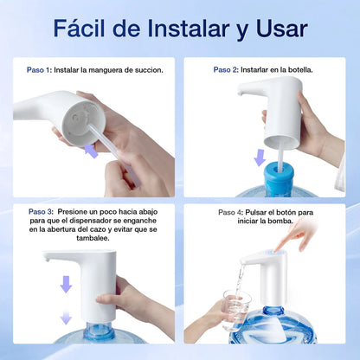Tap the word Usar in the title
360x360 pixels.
[279, 28]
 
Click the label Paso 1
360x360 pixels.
[38, 70]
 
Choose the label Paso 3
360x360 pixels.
[39, 211]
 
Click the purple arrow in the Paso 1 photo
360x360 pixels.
[91, 151]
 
